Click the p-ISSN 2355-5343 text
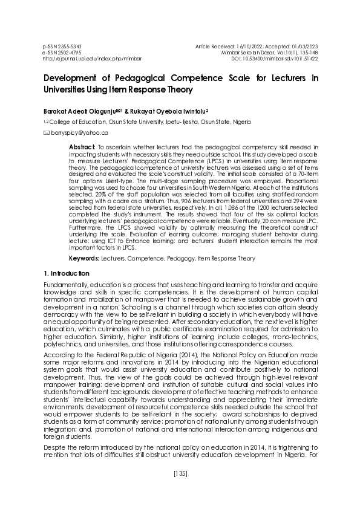pos(62,46)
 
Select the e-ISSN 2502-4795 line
pos(62,53)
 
